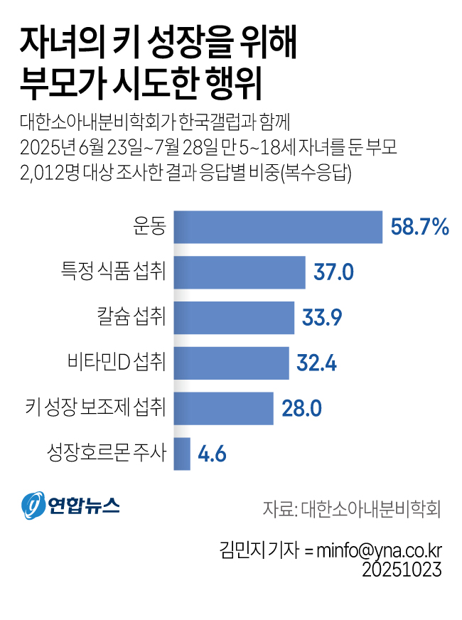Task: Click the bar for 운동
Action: click(x=278, y=227)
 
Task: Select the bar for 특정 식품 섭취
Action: click(x=240, y=272)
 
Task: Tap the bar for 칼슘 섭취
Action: click(x=234, y=318)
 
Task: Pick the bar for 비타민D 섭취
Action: click(x=231, y=363)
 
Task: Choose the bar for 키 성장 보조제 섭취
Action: click(x=223, y=408)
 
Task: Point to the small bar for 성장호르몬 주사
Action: click(x=182, y=454)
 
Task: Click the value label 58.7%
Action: click(x=420, y=228)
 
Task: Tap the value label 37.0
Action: click(x=334, y=273)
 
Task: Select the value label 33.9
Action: click(x=323, y=318)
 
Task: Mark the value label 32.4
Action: click(x=317, y=363)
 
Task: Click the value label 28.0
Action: click(x=303, y=409)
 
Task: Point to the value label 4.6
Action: click(x=212, y=454)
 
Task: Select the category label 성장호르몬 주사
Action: click(x=106, y=454)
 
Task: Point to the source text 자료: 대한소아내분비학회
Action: click(x=352, y=509)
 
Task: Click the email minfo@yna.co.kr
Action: click(x=380, y=550)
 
